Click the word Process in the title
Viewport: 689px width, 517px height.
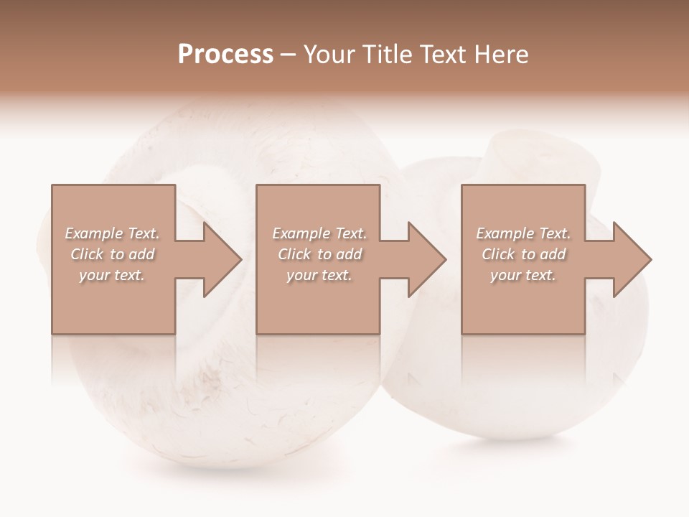[225, 55]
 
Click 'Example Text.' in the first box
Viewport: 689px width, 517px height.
[113, 233]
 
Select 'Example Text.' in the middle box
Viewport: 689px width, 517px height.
[319, 233]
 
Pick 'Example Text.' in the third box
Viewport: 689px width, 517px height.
[523, 233]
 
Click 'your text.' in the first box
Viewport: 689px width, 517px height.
[113, 275]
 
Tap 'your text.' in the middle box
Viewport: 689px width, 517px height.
[319, 275]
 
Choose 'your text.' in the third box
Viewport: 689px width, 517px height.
[523, 275]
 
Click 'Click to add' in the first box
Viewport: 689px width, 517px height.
[113, 254]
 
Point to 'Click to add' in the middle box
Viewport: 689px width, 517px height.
[319, 254]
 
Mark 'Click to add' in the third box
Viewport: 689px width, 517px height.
[523, 254]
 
